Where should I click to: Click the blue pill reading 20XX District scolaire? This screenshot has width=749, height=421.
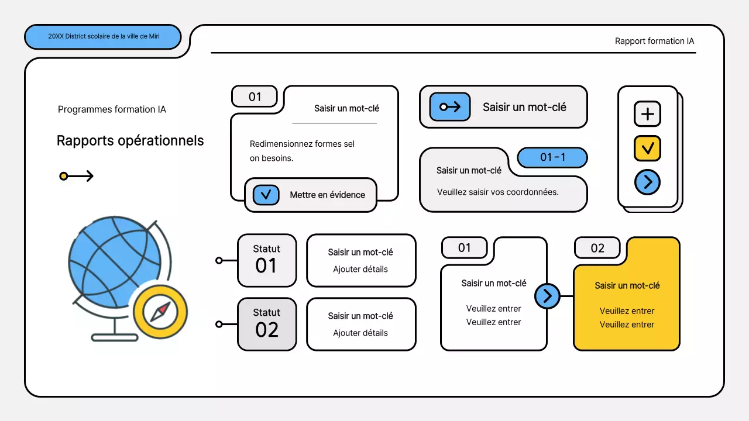(x=102, y=36)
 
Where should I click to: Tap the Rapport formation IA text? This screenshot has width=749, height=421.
(x=654, y=41)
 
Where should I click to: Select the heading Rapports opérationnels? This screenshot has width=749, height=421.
(x=130, y=141)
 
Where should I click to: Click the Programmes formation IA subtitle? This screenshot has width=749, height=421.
(x=112, y=109)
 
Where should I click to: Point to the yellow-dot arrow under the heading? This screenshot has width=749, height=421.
(x=76, y=176)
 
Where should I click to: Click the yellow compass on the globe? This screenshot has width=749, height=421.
(x=160, y=312)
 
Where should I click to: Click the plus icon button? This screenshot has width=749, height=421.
(x=647, y=114)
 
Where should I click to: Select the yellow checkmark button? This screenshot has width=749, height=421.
(x=647, y=149)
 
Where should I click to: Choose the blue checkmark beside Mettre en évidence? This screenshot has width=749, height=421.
(x=266, y=195)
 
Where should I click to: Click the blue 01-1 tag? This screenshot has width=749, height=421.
(x=552, y=157)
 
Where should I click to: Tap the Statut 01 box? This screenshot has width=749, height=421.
(x=266, y=260)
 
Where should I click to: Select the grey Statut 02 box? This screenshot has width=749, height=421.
(x=266, y=324)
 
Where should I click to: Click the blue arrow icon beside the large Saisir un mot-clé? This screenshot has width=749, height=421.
(x=449, y=107)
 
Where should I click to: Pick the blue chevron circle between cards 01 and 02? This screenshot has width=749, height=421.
(x=547, y=296)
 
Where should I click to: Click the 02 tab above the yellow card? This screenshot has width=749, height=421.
(x=597, y=248)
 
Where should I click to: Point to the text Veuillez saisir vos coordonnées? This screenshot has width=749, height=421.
(x=497, y=192)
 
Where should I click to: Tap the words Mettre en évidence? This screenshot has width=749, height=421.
(x=327, y=195)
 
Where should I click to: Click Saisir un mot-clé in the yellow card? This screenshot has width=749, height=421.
(x=627, y=286)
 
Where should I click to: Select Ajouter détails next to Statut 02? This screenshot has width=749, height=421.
(x=360, y=333)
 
